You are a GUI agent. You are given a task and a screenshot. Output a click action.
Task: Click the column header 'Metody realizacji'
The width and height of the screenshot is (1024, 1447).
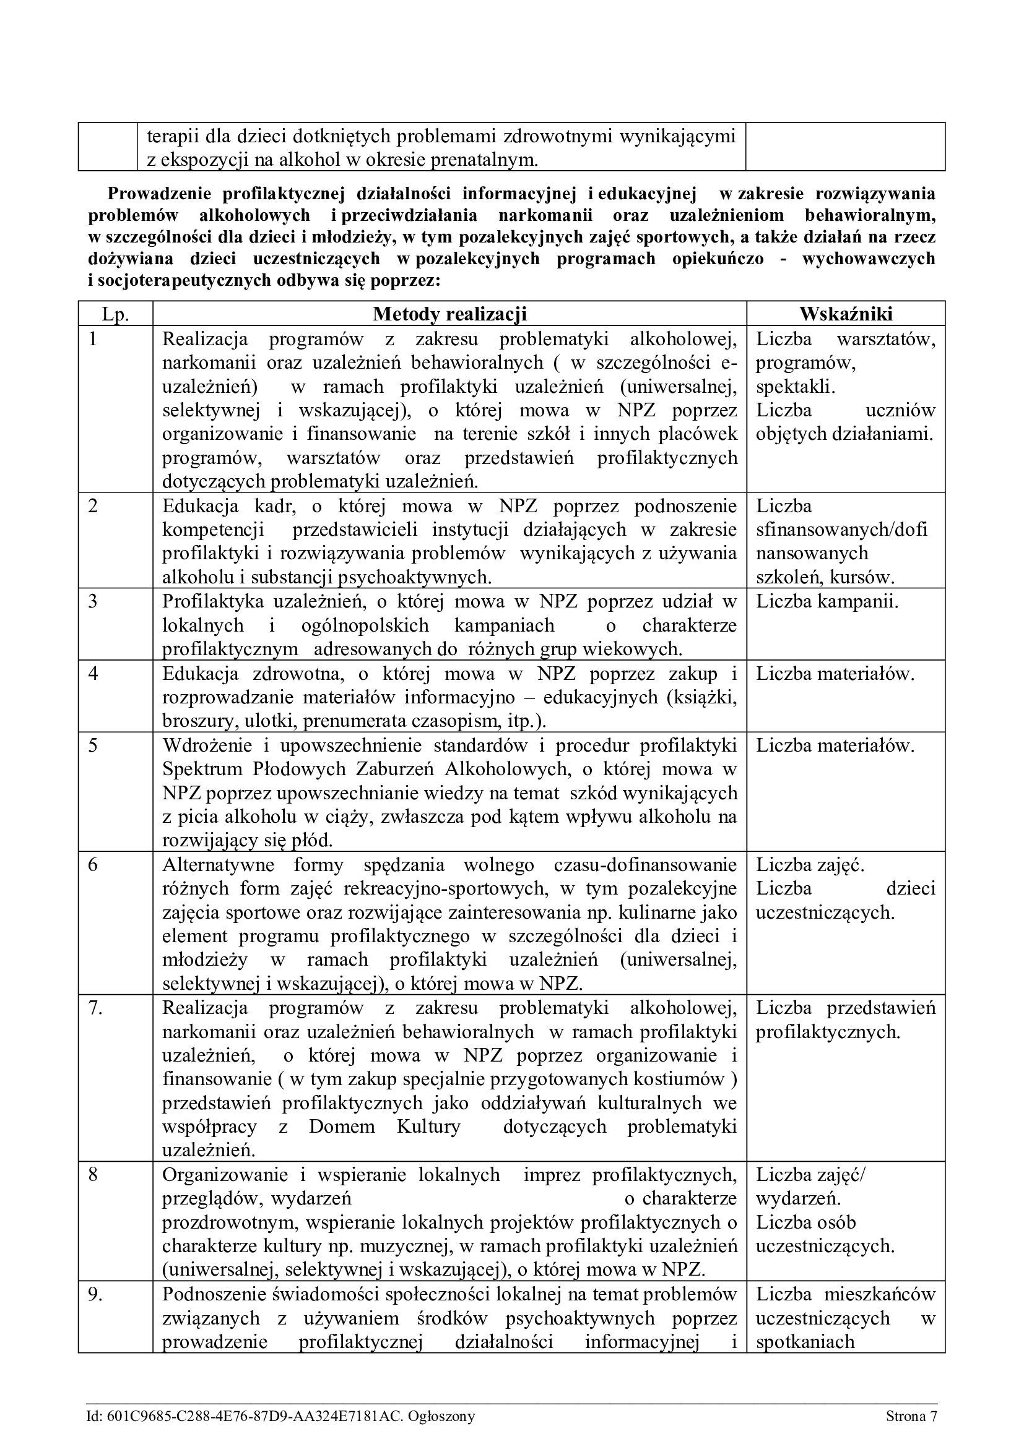point(449,314)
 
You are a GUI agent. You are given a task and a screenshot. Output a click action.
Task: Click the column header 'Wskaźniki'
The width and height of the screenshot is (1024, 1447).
point(846,314)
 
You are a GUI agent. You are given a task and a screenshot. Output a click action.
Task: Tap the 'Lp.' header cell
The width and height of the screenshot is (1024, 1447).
point(115,314)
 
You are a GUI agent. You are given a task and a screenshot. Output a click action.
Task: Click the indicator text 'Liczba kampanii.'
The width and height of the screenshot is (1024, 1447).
point(827,601)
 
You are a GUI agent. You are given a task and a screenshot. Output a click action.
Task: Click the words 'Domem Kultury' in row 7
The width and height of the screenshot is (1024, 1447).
point(384,1126)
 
